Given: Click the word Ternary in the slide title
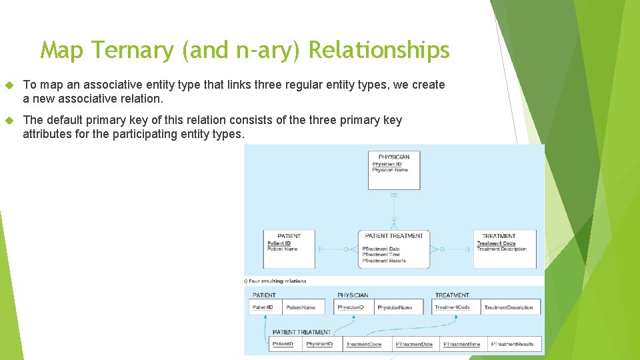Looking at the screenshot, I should (135, 50).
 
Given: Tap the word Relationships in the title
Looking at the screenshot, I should (380, 50).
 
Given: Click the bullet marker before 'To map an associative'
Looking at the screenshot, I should (9, 85).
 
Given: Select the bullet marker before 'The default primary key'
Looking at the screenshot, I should (9, 121).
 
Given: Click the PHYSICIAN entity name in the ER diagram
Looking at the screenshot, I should (394, 157).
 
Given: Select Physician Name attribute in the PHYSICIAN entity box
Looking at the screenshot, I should (390, 170).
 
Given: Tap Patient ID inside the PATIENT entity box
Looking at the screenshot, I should (279, 243).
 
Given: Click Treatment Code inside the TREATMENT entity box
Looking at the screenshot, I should (496, 243).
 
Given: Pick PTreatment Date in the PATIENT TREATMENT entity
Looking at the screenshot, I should (381, 249).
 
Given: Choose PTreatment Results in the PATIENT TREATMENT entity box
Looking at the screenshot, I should (384, 261).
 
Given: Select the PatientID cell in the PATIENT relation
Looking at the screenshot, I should (263, 307).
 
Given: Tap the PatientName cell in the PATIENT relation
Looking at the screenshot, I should (301, 307).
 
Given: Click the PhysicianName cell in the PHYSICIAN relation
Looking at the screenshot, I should (395, 307).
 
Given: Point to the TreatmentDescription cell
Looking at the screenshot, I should (509, 307).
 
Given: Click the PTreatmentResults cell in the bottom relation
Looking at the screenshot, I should (512, 345).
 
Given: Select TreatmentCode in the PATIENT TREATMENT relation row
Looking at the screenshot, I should (364, 345).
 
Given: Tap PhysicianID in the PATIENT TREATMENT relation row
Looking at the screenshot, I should (319, 345).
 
